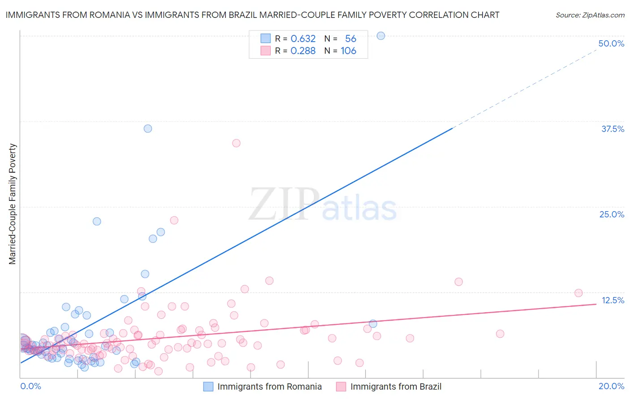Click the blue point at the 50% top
click(x=381, y=36)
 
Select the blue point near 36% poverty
click(x=148, y=128)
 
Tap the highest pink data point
click(x=236, y=143)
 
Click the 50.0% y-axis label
click(x=611, y=43)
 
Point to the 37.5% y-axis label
click(x=613, y=129)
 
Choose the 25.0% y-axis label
click(x=612, y=214)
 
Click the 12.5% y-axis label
click(x=613, y=300)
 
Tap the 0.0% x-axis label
click(x=30, y=386)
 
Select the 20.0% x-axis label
click(x=611, y=386)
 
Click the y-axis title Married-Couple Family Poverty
click(x=13, y=204)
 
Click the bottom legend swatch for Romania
click(x=208, y=386)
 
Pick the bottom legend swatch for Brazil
click(x=341, y=386)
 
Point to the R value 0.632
click(x=303, y=38)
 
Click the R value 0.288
click(x=303, y=51)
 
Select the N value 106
click(x=348, y=51)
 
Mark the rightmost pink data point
click(x=578, y=293)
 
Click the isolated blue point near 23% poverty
click(x=97, y=221)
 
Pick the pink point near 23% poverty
click(x=174, y=220)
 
